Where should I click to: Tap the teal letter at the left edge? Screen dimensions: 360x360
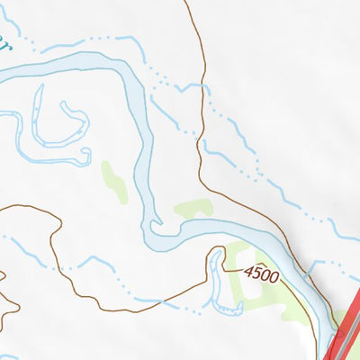[x=4, y=43]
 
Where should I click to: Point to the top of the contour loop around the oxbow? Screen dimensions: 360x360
[x=217, y=246]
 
